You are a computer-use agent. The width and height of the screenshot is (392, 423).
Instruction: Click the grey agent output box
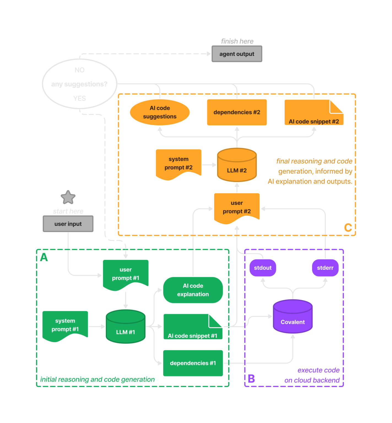coord(237,54)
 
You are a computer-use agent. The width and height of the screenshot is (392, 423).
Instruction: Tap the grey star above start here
coord(68,197)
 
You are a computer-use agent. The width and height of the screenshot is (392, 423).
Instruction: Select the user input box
coord(68,224)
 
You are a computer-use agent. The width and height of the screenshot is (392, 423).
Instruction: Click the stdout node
coord(263,268)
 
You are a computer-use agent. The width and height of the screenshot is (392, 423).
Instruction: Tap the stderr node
coord(325,268)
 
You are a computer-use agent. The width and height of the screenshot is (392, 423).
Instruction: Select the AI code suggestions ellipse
coord(160,112)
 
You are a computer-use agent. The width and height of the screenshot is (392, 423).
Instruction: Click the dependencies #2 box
coord(237,112)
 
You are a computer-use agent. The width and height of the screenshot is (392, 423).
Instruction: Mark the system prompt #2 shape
coord(179,164)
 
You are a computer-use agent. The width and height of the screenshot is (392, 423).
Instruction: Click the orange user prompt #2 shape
coord(237,207)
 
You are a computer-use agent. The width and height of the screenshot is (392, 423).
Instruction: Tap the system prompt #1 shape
coord(65,325)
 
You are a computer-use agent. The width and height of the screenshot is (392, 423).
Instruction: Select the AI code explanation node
coord(193,290)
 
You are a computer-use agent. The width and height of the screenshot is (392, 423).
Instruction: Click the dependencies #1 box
coord(193,363)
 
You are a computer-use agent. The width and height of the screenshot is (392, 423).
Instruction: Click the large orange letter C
coord(348,227)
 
